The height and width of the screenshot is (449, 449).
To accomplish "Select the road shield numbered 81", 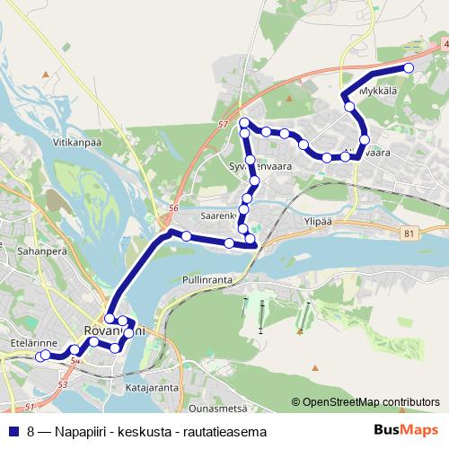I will click(x=409, y=233).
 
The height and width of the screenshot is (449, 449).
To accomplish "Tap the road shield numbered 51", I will click(x=30, y=408).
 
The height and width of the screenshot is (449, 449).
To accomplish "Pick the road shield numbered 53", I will click(x=62, y=384).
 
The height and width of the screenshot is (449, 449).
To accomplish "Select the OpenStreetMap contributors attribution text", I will click(x=369, y=402).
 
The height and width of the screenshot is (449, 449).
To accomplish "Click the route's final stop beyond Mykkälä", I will click(x=409, y=68).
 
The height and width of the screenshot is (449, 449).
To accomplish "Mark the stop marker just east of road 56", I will click(x=186, y=236).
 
